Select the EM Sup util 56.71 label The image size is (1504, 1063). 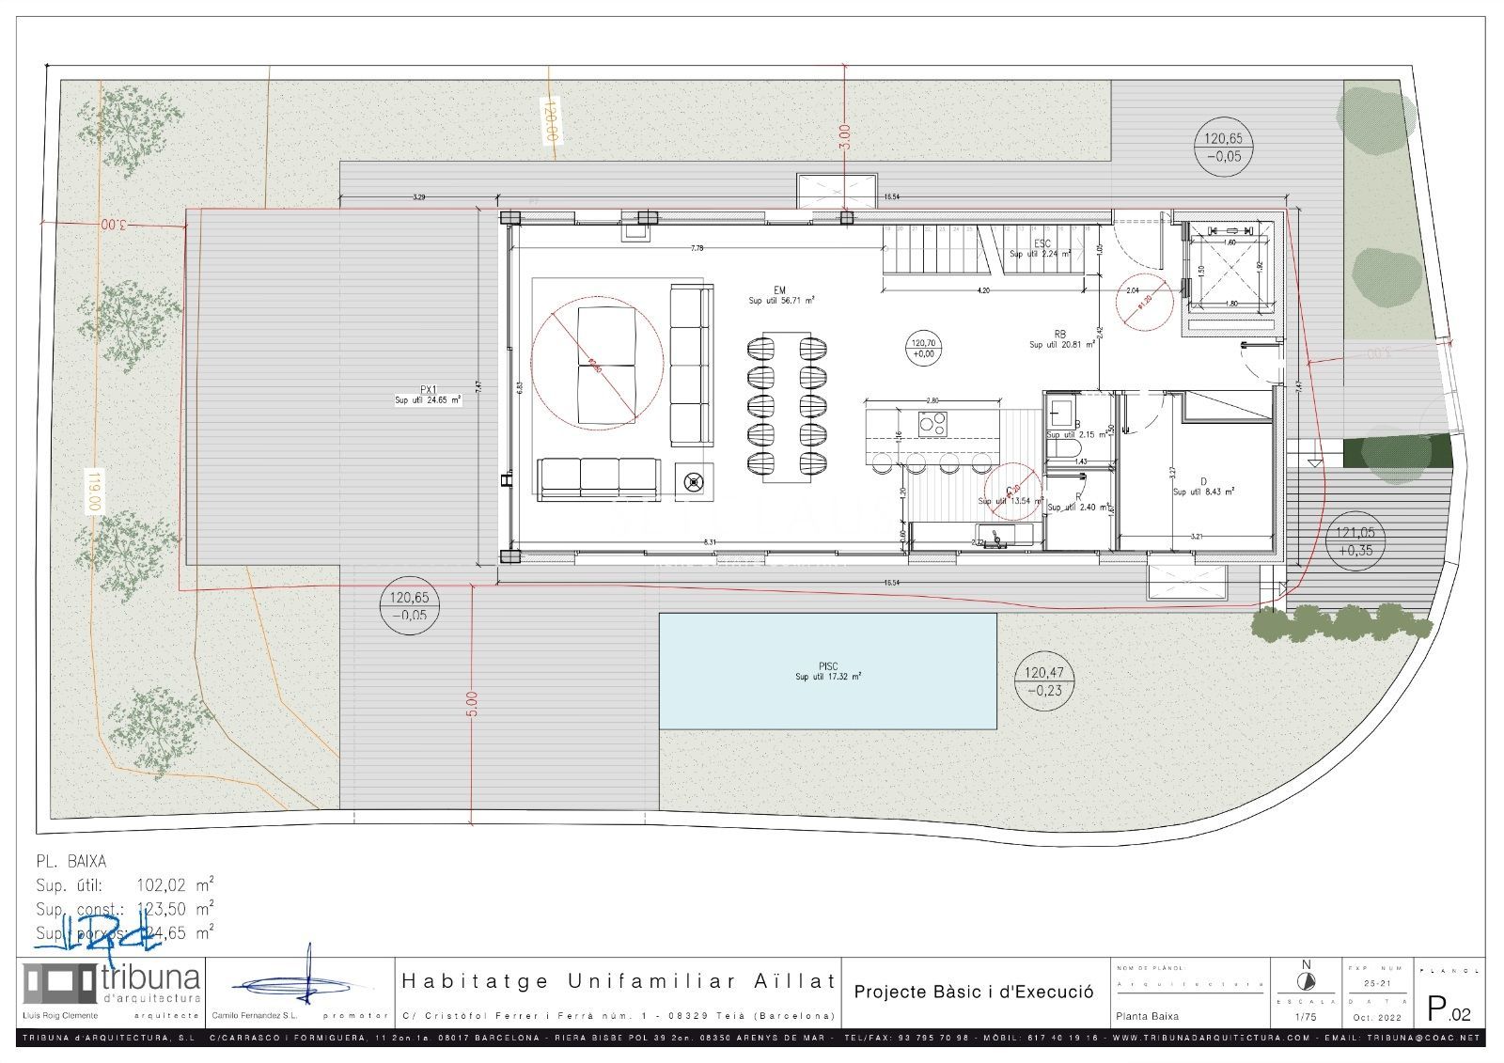pyautogui.click(x=780, y=295)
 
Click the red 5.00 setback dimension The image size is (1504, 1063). pyautogui.click(x=472, y=704)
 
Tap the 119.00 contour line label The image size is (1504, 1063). pyautogui.click(x=93, y=491)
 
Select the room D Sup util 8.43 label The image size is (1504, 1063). pyautogui.click(x=1202, y=486)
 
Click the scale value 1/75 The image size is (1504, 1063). pyautogui.click(x=1306, y=1016)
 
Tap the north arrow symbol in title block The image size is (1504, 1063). pyautogui.click(x=1305, y=981)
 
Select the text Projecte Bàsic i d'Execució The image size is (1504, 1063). pyautogui.click(x=973, y=992)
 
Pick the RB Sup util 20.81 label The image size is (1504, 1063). pyautogui.click(x=1060, y=339)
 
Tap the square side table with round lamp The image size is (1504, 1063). pyautogui.click(x=694, y=482)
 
